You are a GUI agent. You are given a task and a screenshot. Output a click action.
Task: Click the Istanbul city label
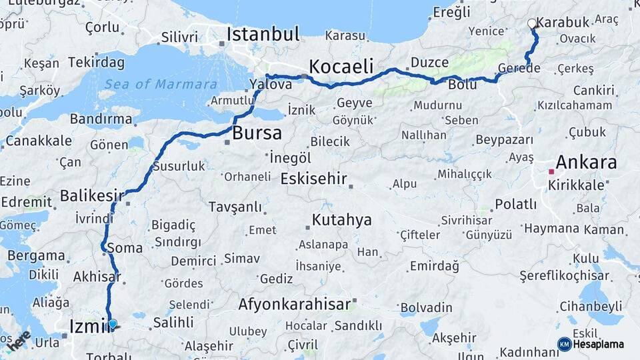tap(263, 35)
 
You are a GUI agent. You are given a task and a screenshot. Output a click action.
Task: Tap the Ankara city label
tap(586, 162)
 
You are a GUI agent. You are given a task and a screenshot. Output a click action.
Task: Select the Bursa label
tap(257, 133)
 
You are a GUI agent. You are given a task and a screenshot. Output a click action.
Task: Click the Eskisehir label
tap(314, 179)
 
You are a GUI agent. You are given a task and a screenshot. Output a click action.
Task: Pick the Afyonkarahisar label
tap(294, 305)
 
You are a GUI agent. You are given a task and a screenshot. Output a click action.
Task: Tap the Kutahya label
tap(343, 220)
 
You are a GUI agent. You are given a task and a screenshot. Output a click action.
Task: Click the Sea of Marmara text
tap(161, 84)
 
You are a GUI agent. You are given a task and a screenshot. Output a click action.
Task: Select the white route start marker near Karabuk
tap(532, 24)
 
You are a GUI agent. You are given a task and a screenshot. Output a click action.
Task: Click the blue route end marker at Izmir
tap(113, 325)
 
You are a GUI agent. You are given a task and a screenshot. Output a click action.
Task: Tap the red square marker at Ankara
tap(551, 172)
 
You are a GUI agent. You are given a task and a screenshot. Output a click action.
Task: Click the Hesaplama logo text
tap(601, 344)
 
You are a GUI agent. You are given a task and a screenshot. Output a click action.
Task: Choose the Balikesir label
tap(92, 196)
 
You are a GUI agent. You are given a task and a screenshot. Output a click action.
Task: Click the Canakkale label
tap(39, 141)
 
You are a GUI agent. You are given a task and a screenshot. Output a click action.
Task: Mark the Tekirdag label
tap(96, 62)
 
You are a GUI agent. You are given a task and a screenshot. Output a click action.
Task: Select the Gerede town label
tap(519, 69)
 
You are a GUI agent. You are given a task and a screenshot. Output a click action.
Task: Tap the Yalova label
tap(271, 84)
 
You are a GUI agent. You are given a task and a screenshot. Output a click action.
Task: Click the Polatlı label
tap(515, 204)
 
